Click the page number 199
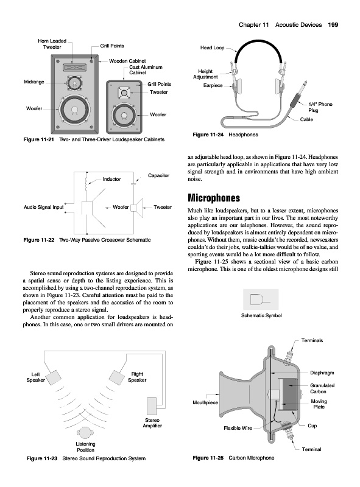(x=333, y=25)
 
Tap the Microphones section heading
(x=214, y=198)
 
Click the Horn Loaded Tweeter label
(x=52, y=44)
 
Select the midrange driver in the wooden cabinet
(x=74, y=83)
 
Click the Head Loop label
(x=213, y=47)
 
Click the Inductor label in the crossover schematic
(x=111, y=179)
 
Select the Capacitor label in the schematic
(x=158, y=175)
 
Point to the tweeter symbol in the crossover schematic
(x=137, y=208)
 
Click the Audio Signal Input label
(x=43, y=207)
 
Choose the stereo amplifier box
(x=152, y=406)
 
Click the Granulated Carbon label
(x=322, y=388)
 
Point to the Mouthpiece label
(x=205, y=402)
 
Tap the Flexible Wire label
(x=238, y=428)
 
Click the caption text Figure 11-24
(x=208, y=135)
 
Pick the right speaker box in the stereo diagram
(x=116, y=377)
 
